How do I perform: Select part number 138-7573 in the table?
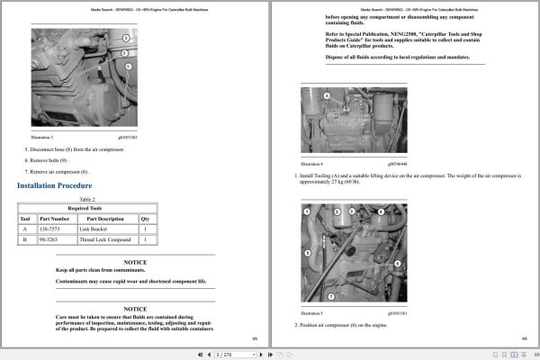[54, 229]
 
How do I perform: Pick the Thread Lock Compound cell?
[105, 240]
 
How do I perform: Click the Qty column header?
[145, 219]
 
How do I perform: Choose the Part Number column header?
[54, 219]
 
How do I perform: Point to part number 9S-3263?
[54, 240]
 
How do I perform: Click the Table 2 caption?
[87, 199]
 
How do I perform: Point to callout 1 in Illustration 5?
[306, 211]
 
